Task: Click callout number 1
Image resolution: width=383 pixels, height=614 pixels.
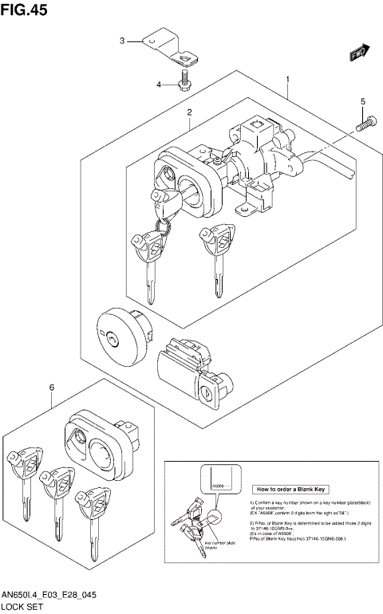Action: pos(287,80)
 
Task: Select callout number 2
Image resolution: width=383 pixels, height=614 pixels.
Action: pos(189,112)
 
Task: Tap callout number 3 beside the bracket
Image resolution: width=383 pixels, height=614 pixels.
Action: pos(122,40)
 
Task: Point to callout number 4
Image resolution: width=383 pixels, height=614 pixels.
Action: pos(159,84)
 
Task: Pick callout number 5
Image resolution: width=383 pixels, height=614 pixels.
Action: pos(362,101)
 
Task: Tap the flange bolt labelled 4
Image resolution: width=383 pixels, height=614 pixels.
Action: pos(185,81)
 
